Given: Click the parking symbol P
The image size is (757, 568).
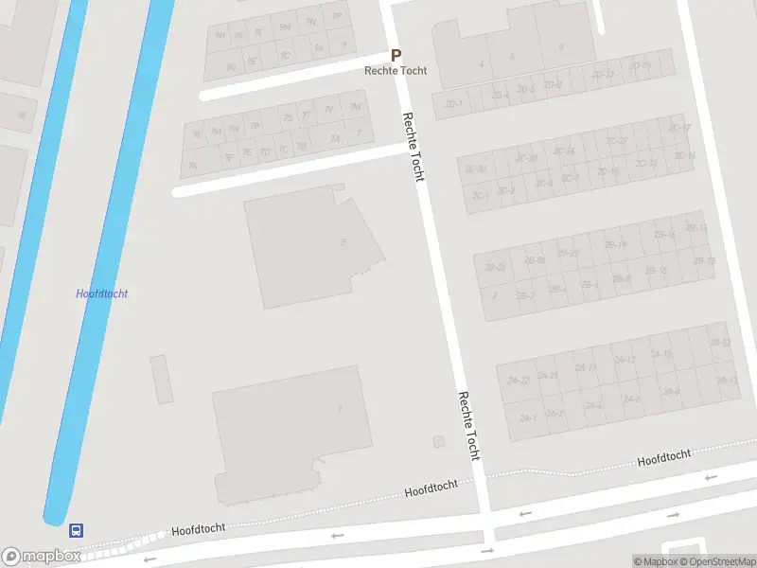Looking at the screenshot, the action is tap(396, 56).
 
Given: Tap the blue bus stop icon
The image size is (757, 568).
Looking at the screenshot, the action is tap(76, 530).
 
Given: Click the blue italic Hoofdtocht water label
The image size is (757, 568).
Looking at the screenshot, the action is tap(101, 293).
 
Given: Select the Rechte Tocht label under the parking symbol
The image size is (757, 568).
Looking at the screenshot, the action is tap(396, 71).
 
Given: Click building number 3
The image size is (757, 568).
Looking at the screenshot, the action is tap(342, 242).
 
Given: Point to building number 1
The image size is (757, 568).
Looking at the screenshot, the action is tap(339, 409).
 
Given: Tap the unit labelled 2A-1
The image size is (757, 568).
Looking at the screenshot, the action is tap(527, 417).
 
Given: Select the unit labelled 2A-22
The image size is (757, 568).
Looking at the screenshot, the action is tap(518, 381).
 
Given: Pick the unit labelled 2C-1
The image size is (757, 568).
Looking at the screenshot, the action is tap(480, 196).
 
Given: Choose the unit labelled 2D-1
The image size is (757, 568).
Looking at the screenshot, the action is tap(454, 103).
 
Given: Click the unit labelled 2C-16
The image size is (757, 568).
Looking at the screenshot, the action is tap(684, 156).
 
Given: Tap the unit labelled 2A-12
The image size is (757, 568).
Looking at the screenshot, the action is tap(719, 342).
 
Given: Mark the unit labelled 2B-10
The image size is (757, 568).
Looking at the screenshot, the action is tap(655, 271).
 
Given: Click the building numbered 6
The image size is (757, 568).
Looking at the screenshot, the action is tap(560, 46).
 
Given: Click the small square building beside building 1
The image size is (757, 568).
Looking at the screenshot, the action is tap(438, 441).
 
